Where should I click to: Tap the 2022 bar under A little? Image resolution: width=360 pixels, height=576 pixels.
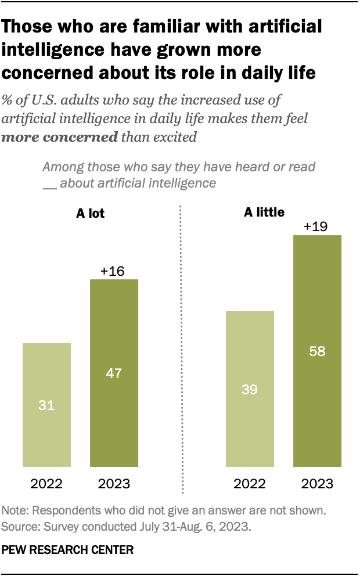point(250,389)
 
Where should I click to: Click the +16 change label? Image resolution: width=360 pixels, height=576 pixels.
point(114,270)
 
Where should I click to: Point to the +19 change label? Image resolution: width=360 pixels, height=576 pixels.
point(317,225)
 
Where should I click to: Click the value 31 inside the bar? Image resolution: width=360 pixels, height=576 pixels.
point(46,405)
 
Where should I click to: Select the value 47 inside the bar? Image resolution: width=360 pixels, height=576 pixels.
point(114,373)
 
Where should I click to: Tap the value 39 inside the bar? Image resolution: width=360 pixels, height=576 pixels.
point(250,389)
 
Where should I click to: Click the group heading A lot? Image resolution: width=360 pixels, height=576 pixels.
point(91,213)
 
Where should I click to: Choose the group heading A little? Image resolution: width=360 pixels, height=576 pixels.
point(264,212)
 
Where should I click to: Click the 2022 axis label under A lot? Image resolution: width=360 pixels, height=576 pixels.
point(46,484)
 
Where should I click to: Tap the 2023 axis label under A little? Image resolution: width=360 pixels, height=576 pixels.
point(317,484)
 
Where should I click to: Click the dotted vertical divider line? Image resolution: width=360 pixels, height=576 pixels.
point(182,348)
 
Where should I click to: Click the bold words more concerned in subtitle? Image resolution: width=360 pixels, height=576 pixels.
point(60,137)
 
